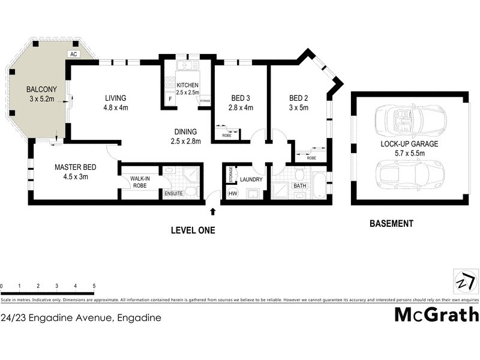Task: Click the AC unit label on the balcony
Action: click(74, 54)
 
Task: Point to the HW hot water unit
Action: click(233, 194)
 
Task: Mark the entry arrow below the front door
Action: click(212, 211)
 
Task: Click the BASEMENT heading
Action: click(391, 224)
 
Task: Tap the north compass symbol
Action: click(466, 281)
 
